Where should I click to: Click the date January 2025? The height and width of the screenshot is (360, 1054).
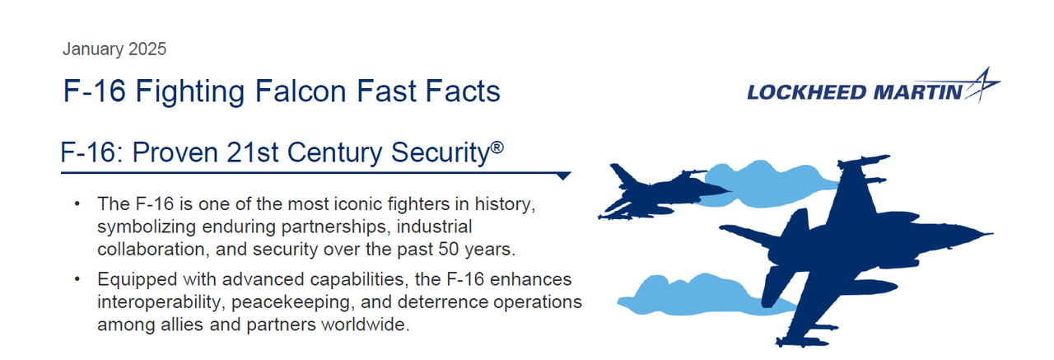(x=114, y=49)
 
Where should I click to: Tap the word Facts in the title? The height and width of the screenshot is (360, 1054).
(x=459, y=91)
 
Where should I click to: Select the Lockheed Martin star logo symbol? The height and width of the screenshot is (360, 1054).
(x=982, y=86)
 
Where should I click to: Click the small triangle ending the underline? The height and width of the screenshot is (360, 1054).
(x=563, y=175)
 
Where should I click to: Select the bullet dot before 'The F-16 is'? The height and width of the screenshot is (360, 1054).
(x=77, y=203)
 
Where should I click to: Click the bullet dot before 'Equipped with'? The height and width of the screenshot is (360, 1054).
(x=77, y=281)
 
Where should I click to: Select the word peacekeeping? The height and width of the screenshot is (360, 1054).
(x=303, y=302)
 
